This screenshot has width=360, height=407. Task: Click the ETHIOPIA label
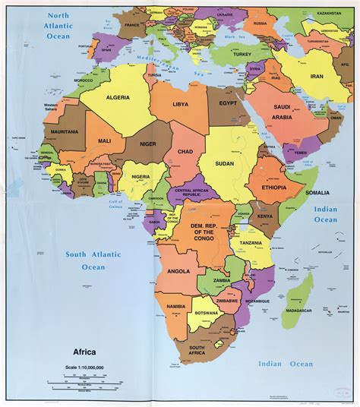pos(273,188)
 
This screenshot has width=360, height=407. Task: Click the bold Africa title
pos(89,352)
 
